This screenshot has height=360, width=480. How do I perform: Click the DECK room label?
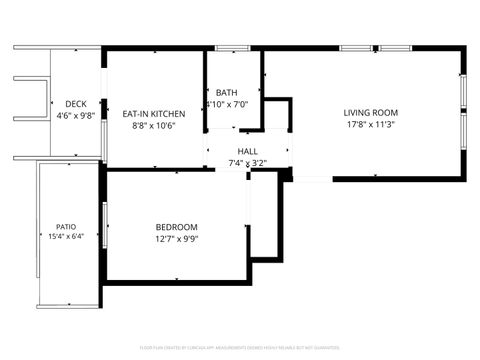(x=75, y=104)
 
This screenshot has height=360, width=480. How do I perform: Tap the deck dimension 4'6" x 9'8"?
(x=75, y=115)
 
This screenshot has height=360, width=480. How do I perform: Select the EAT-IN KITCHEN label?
(x=154, y=114)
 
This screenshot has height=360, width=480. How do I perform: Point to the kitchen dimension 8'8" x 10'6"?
(x=154, y=126)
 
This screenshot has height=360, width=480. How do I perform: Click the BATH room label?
(x=226, y=92)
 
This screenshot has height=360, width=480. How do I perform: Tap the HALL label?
(x=247, y=151)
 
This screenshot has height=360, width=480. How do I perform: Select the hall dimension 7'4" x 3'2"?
(x=247, y=162)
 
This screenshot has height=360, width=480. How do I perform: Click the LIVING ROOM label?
(x=371, y=113)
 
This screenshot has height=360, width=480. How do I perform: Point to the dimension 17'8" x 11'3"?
(x=371, y=125)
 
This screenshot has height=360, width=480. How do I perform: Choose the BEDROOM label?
(x=176, y=227)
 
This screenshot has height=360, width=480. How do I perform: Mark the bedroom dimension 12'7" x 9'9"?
(x=176, y=239)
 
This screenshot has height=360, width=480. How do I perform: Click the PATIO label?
(x=66, y=226)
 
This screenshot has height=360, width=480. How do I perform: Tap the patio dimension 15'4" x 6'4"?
(x=66, y=237)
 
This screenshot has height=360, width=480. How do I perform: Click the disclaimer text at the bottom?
(x=240, y=348)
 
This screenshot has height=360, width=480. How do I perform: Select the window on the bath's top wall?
(x=232, y=47)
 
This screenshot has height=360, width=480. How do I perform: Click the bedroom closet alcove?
(x=265, y=218)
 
